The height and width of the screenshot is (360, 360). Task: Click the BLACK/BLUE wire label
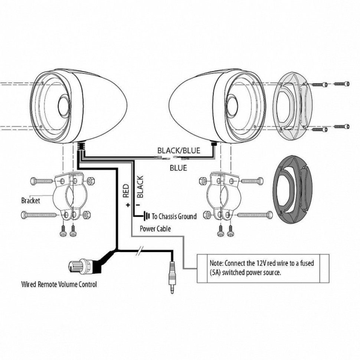tap(179, 150)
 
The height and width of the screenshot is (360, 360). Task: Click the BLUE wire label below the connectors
tap(178, 168)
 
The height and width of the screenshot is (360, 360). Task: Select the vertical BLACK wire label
tap(140, 187)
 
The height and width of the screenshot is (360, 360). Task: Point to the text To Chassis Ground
tap(174, 216)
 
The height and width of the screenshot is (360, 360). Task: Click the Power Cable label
tap(155, 229)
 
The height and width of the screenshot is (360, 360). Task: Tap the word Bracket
tap(30, 200)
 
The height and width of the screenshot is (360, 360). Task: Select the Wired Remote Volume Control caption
tap(59, 285)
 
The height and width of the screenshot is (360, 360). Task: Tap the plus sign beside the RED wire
tap(128, 204)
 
